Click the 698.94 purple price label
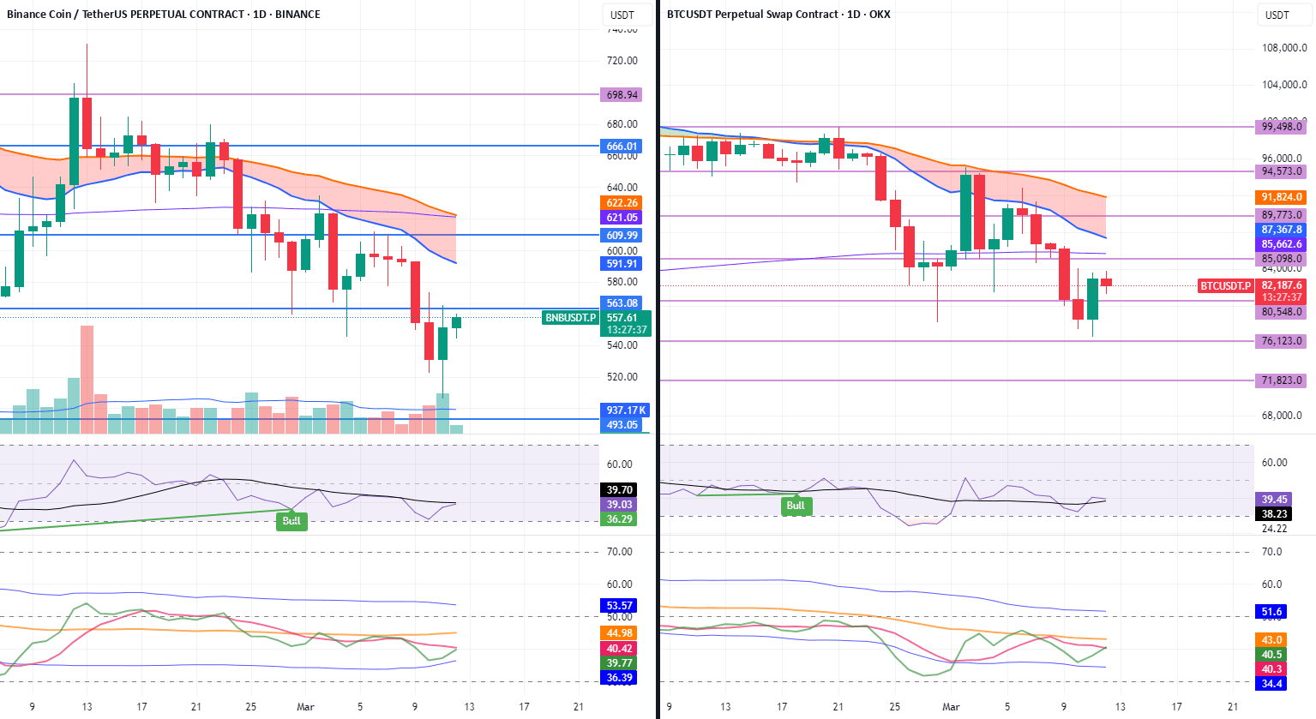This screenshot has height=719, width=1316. click(x=622, y=95)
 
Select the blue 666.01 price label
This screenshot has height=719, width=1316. click(x=622, y=147)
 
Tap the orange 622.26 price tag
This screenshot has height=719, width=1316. click(x=622, y=203)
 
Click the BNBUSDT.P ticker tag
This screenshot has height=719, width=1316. click(x=571, y=318)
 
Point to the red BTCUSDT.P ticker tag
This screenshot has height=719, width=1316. click(x=1225, y=285)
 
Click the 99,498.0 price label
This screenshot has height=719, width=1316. click(x=1282, y=127)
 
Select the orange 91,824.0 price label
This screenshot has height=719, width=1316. click(x=1282, y=197)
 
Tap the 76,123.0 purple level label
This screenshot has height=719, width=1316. click(x=1282, y=341)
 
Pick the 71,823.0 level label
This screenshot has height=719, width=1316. click(x=1282, y=380)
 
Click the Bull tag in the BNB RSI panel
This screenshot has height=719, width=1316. click(x=291, y=521)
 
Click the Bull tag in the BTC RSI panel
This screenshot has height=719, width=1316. click(x=796, y=506)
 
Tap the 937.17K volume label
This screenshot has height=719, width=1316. click(x=626, y=410)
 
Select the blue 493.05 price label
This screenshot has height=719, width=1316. click(x=622, y=425)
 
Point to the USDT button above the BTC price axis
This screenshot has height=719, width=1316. click(x=1277, y=15)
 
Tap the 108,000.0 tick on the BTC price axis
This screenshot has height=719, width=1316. click(x=1284, y=48)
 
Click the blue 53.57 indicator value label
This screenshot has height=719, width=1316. click(x=620, y=606)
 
